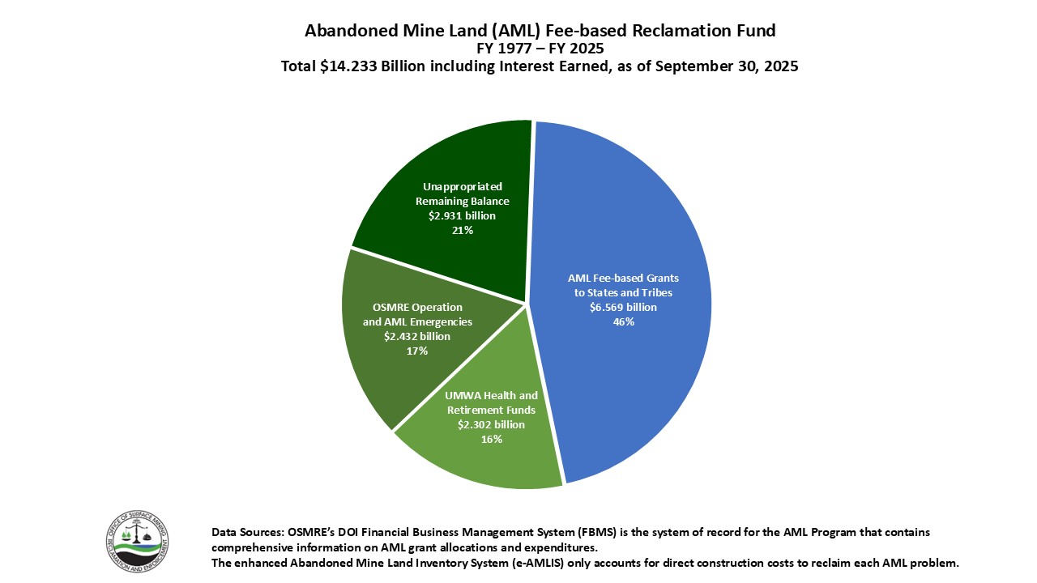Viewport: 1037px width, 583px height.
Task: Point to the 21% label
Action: coord(463,230)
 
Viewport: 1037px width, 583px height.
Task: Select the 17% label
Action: coord(417,351)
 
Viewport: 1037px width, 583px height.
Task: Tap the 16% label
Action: coord(492,439)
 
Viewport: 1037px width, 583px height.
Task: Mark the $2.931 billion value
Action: coord(462,215)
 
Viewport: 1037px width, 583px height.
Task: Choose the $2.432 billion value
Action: coord(417,336)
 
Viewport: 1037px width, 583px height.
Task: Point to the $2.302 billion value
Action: coord(491,424)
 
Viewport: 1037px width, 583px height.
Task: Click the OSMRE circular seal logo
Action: coord(137,540)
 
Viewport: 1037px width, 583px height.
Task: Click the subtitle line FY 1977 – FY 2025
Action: coord(540,49)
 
